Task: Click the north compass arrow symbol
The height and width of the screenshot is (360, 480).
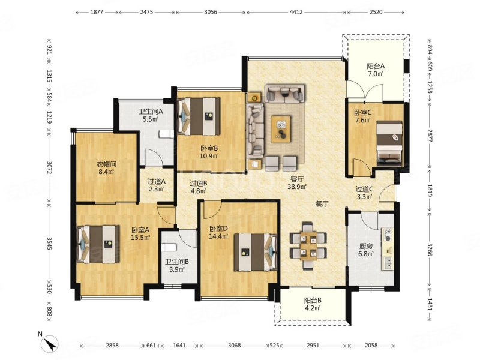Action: click(51, 343)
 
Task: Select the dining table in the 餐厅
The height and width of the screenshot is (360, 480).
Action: click(308, 246)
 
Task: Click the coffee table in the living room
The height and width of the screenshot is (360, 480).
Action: click(281, 128)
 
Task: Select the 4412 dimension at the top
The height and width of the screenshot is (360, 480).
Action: click(296, 12)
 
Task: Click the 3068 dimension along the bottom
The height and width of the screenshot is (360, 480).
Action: click(235, 346)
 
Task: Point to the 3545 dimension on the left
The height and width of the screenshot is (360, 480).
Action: click(49, 243)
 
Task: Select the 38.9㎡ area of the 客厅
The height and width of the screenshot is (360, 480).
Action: click(297, 186)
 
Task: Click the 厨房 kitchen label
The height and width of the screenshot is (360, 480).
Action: click(366, 246)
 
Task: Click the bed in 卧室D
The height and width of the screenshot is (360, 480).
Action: click(256, 252)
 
